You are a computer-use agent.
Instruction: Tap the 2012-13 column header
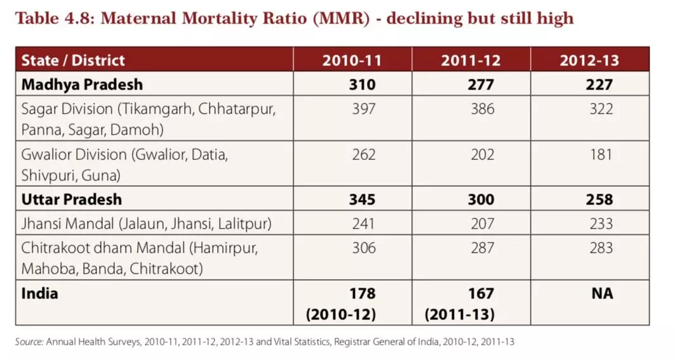click(x=589, y=60)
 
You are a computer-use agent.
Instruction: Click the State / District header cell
click(x=73, y=60)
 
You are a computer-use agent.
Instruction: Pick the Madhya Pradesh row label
click(x=82, y=84)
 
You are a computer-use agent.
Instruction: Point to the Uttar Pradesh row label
click(x=72, y=199)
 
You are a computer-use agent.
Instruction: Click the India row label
click(x=40, y=293)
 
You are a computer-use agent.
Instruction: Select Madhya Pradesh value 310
click(x=363, y=84)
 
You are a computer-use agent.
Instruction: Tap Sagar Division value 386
click(x=482, y=109)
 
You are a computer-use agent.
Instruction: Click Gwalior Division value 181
click(x=600, y=154)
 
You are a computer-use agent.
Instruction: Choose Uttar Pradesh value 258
click(x=600, y=199)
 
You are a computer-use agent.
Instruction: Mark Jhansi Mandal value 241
click(x=363, y=223)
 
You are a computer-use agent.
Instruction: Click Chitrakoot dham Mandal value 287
click(x=482, y=248)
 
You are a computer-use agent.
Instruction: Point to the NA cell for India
click(x=603, y=293)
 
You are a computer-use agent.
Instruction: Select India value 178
click(x=363, y=293)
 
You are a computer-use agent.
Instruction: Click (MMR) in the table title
click(x=344, y=18)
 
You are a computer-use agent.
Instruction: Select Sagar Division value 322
click(x=600, y=109)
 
